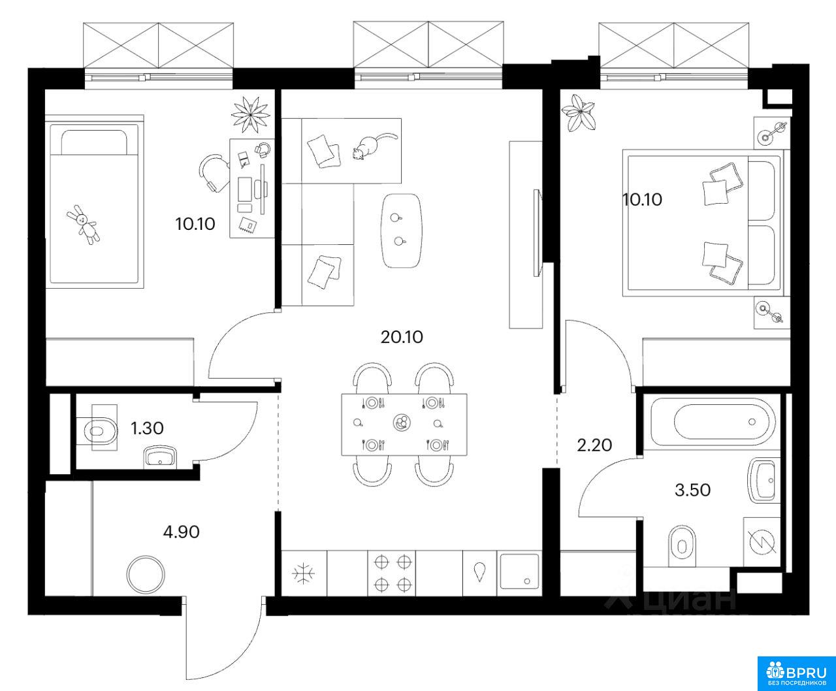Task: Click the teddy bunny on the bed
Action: tap(84, 225)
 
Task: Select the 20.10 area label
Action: tap(402, 338)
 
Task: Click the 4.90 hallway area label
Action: tap(181, 532)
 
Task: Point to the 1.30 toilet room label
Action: tap(147, 428)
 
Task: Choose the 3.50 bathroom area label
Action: tap(693, 490)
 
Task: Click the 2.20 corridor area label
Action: tap(594, 445)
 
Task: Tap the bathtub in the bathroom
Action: tap(713, 421)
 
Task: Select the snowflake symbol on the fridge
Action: tap(304, 573)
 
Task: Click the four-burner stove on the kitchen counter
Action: tap(392, 573)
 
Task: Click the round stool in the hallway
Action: tap(146, 575)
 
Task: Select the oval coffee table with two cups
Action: tap(402, 231)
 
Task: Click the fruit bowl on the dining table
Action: tap(402, 423)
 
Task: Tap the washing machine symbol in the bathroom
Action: tap(762, 542)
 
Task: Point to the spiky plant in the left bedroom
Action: tap(251, 115)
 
